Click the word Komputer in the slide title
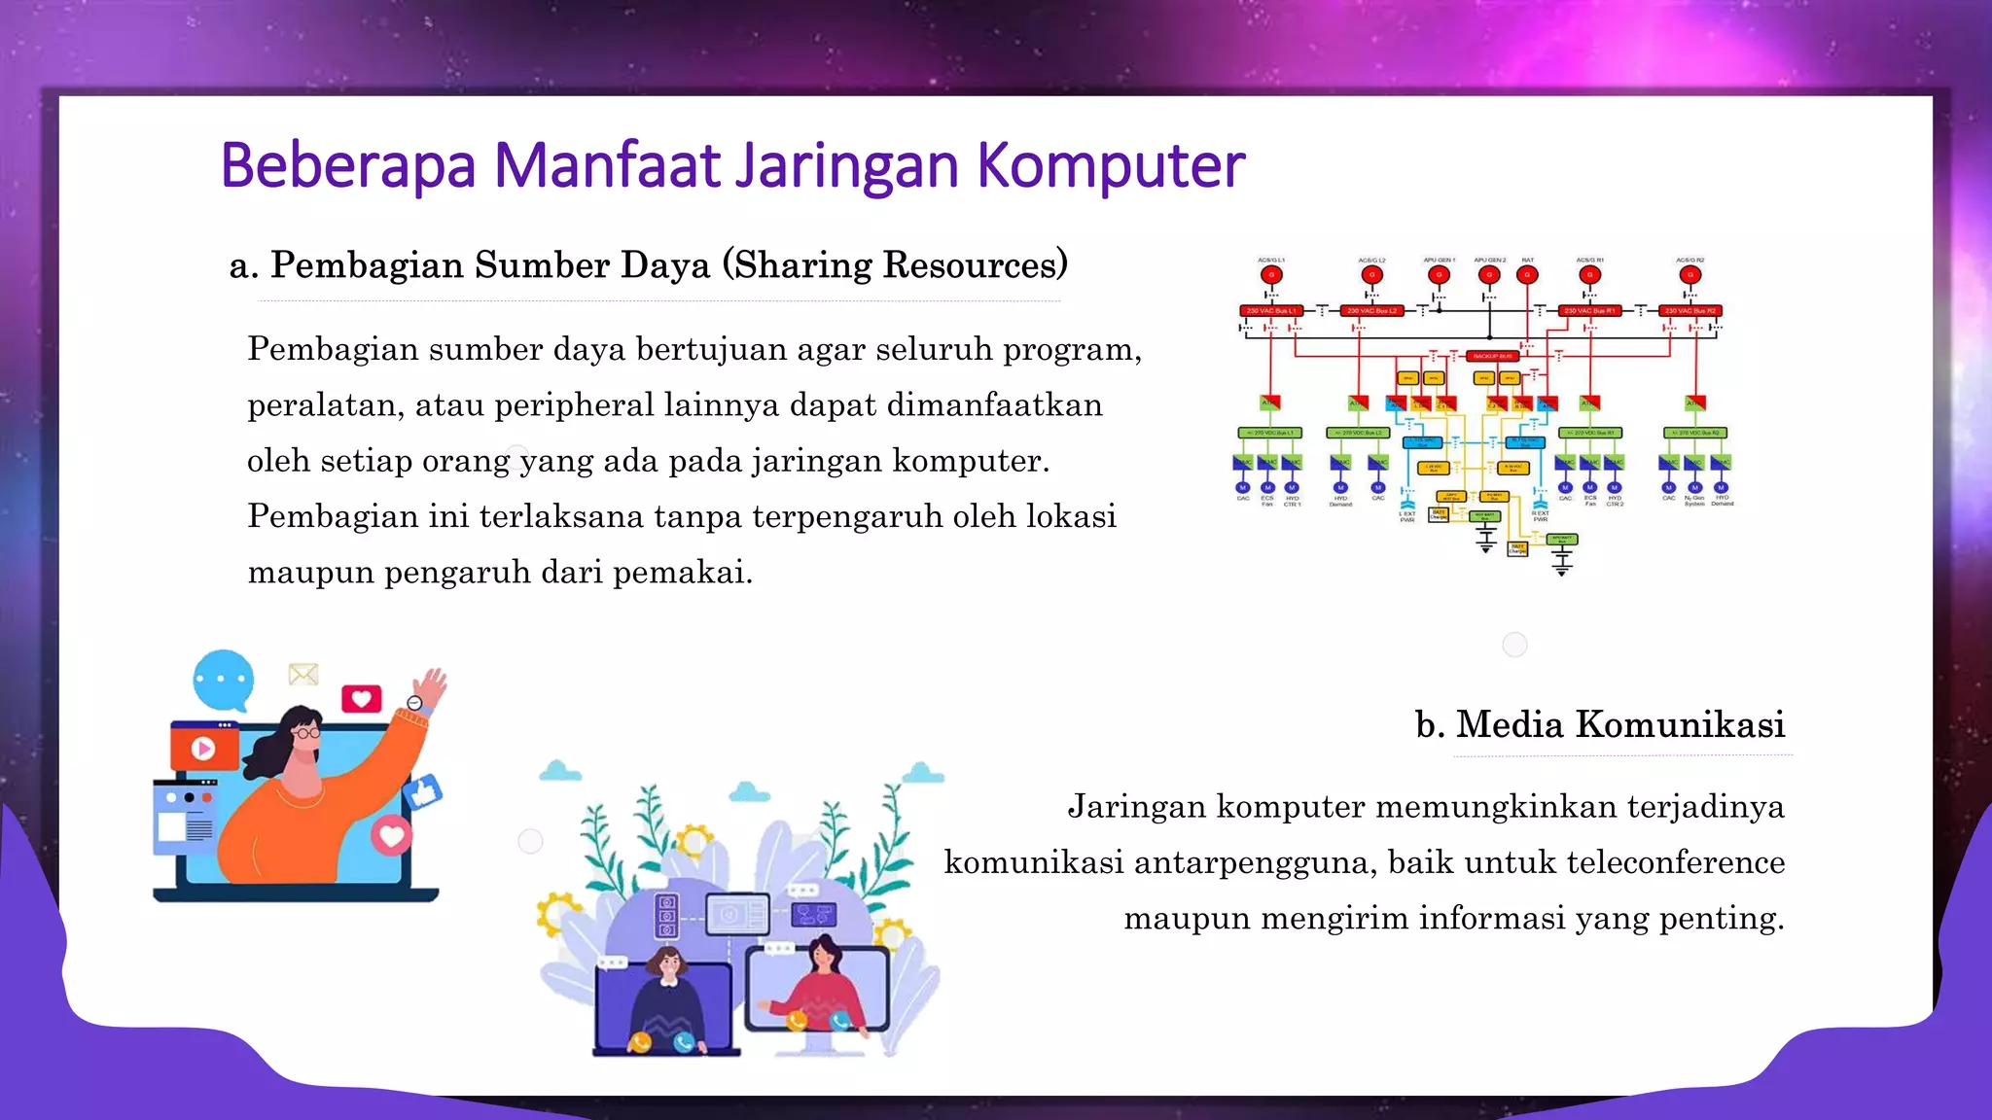coord(1110,165)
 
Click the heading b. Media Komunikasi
coord(1600,724)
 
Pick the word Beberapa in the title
coord(347,165)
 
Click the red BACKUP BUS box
coord(1492,356)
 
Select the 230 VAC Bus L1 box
coord(1271,311)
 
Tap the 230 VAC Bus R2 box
coord(1691,311)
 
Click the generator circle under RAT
coord(1527,275)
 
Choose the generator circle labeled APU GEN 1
coord(1439,275)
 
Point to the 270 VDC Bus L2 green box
coord(1359,433)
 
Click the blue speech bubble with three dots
coord(224,679)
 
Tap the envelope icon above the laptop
coord(303,674)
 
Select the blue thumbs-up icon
coord(424,792)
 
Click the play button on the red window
coord(203,749)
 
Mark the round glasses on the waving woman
coord(307,732)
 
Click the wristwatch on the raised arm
coord(415,703)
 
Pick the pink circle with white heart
coord(392,835)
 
